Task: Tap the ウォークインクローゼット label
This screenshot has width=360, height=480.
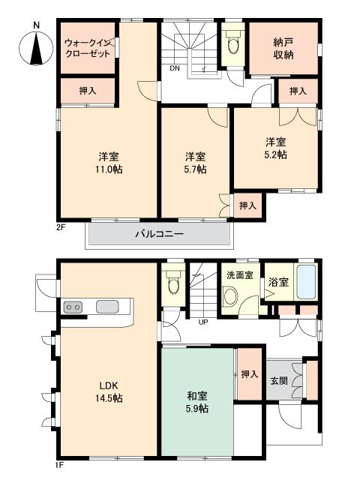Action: tap(88, 48)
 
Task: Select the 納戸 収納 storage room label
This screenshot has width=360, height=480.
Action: tap(283, 48)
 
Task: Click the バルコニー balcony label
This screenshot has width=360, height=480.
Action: tap(159, 234)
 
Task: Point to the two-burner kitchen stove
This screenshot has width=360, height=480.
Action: tap(73, 307)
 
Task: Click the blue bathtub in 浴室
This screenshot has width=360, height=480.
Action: tap(307, 283)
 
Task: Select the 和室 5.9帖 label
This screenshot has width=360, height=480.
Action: tap(197, 402)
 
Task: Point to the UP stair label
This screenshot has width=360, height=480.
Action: tap(203, 322)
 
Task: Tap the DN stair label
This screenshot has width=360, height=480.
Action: tap(174, 68)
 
